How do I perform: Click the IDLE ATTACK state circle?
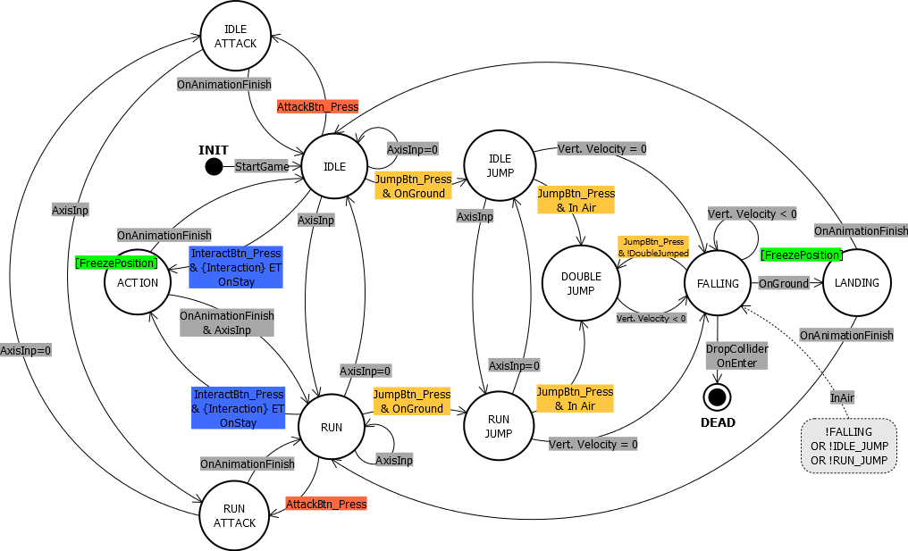[236, 37]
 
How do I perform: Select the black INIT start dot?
[214, 166]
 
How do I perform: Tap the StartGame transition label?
[263, 167]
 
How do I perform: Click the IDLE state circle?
[334, 167]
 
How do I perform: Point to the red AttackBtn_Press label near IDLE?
[318, 106]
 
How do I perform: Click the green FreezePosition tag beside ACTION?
[115, 263]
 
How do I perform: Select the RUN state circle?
[332, 428]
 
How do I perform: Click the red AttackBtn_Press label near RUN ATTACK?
[326, 504]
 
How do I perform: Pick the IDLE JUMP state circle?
[500, 166]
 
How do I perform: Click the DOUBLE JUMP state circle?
[580, 284]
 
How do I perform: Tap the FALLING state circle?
[719, 284]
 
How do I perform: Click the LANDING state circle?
[857, 283]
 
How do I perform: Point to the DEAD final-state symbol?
[716, 396]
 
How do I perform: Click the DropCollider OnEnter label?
[736, 355]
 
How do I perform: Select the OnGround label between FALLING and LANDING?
[783, 283]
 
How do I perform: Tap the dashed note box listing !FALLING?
[849, 445]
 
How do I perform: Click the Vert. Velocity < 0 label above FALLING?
[752, 214]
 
